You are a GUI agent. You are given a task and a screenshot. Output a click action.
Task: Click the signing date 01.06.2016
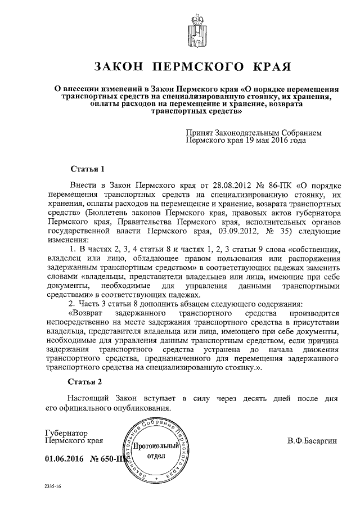click(x=64, y=460)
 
